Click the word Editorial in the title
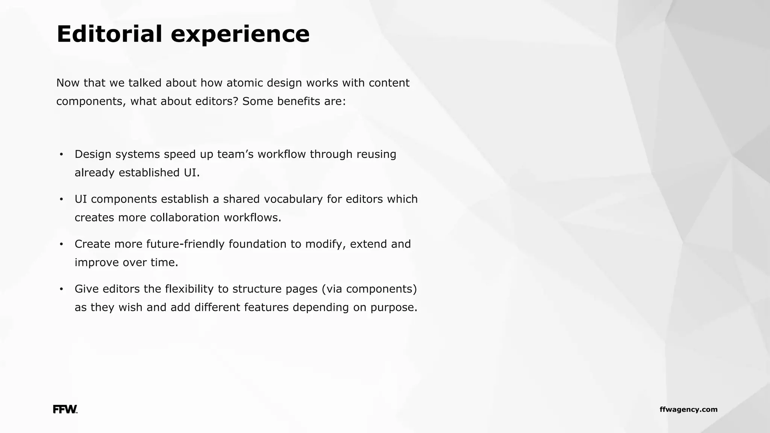click(109, 34)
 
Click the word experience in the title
click(240, 35)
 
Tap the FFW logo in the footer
click(65, 409)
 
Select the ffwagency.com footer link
click(688, 409)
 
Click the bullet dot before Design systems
click(61, 154)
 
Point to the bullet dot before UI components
click(61, 199)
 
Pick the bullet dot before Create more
click(61, 244)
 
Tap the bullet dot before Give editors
click(61, 289)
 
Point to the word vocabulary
click(293, 199)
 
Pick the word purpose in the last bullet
click(394, 308)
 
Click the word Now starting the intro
click(68, 83)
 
